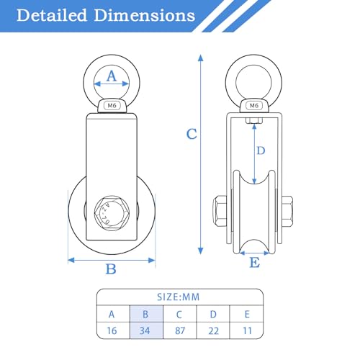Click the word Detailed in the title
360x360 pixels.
[x=52, y=15]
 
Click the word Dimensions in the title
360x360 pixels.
[x=145, y=15]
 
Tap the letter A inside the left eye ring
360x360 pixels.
[x=112, y=76]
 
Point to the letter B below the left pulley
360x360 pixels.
[x=111, y=269]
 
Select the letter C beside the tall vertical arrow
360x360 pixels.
[x=192, y=134]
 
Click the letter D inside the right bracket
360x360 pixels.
[x=261, y=150]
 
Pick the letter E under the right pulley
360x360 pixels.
[x=255, y=262]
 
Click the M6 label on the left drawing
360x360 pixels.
[x=112, y=105]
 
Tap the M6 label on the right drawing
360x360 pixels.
[x=254, y=105]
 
